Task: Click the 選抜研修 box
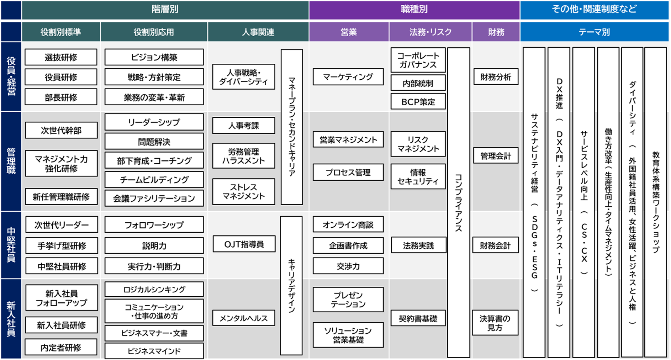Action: pos(61,57)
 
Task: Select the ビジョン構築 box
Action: pos(154,57)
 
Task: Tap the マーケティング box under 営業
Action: pos(348,77)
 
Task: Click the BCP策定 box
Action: pos(418,102)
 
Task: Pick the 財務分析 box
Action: pos(496,77)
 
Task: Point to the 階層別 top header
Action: pos(165,10)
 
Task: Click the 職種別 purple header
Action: pos(414,10)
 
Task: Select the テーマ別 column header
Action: pos(594,32)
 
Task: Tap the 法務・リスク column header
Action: pos(430,32)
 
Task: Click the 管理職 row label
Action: pos(11,162)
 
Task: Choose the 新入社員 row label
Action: pos(11,319)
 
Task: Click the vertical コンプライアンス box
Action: pos(459,203)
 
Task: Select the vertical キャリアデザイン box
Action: pos(291,285)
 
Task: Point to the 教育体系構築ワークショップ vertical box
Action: pos(655,202)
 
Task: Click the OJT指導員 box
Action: pos(244,244)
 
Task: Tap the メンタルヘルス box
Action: pos(244,318)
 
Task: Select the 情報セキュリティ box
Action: pos(418,177)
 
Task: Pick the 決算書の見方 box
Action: pos(495,323)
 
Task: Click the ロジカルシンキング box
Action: pos(154,290)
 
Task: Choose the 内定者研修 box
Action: pos(61,347)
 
